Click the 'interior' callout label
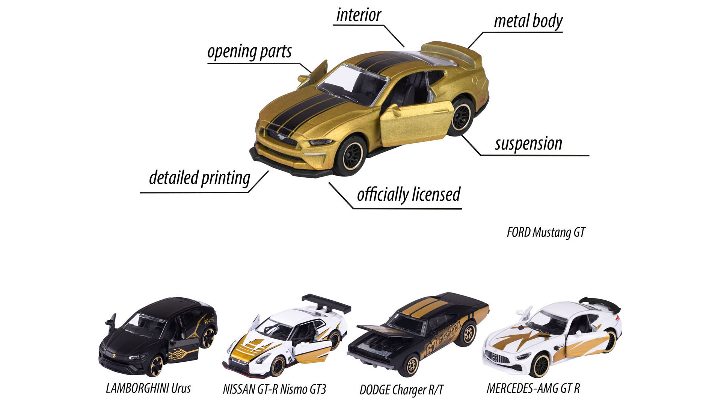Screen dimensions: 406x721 pos(359,15)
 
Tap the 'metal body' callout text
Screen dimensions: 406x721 pos(528,21)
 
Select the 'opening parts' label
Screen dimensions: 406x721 pos(249,52)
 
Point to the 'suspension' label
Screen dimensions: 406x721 pos(528,144)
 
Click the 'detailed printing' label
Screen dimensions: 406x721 pos(199,177)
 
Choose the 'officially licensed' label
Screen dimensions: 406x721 pos(409,194)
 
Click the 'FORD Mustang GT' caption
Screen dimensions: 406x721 pos(546,232)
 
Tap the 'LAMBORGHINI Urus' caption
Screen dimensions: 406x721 pos(148,388)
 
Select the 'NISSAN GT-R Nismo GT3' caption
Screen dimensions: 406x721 pos(275,389)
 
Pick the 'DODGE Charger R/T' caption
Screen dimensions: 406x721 pos(401,390)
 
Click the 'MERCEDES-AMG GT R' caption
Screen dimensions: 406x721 pos(533,388)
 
